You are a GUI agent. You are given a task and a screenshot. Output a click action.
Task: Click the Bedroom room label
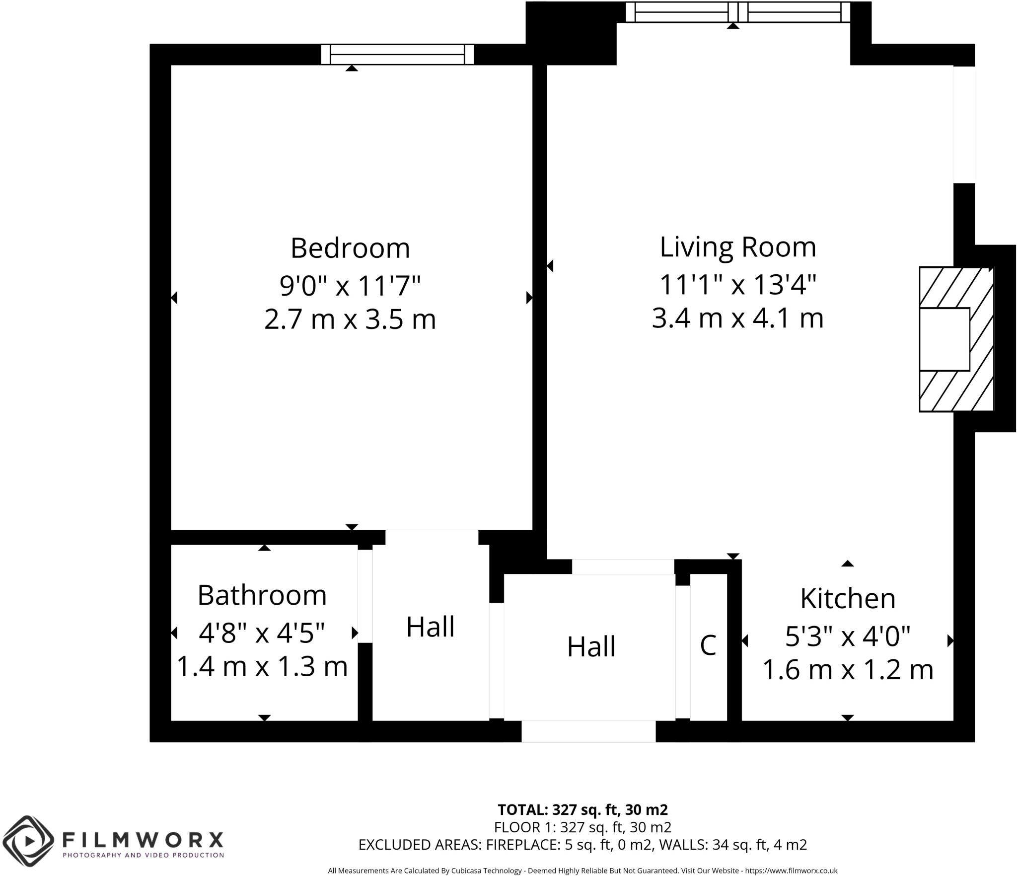[350, 248]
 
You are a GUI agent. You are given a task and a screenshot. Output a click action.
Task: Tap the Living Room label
[737, 247]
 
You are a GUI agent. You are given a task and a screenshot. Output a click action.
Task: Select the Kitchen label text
[848, 599]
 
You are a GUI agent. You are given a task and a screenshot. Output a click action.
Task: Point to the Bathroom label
[262, 595]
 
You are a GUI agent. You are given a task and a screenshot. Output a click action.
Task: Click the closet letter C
[708, 645]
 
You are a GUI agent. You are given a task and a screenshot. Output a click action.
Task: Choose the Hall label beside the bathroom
[431, 627]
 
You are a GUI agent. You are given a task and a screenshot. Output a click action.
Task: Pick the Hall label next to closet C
[591, 647]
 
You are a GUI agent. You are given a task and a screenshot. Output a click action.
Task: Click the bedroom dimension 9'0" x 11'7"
[350, 286]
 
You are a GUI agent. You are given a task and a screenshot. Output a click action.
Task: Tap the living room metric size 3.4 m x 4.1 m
[737, 318]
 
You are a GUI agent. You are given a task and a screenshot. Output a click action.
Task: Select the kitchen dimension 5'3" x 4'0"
[848, 637]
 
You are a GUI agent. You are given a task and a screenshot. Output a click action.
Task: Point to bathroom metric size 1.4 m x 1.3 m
[262, 666]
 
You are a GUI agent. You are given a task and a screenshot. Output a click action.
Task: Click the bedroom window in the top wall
[397, 55]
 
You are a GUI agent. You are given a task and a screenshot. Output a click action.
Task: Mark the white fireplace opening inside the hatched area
[944, 339]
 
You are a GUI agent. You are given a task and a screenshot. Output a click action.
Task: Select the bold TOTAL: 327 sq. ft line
[582, 810]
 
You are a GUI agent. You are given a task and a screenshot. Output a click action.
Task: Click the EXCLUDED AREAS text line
[582, 845]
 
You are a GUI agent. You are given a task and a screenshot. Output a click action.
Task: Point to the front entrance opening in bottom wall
[588, 731]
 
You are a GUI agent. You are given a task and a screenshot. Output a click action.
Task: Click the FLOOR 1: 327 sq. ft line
[582, 827]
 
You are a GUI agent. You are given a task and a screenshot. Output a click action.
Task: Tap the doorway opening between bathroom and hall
[365, 596]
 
